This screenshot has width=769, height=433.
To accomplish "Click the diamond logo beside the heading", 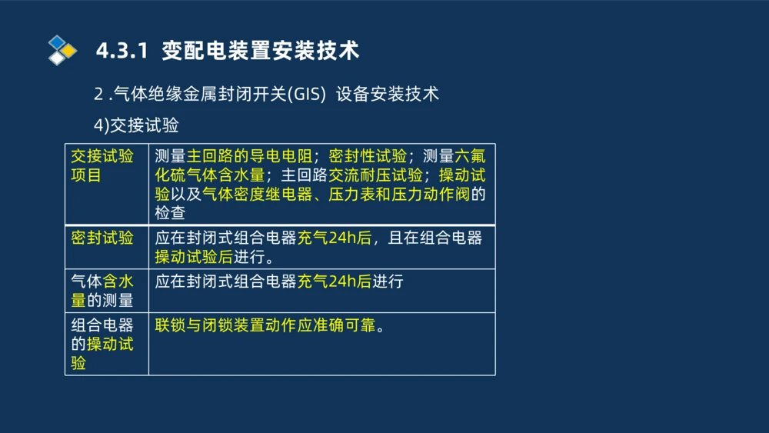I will (x=62, y=50).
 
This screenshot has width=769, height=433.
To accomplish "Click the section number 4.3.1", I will (x=121, y=51).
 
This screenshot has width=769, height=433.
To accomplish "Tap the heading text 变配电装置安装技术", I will (x=261, y=51).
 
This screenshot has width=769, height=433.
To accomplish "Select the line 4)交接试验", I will (x=136, y=125).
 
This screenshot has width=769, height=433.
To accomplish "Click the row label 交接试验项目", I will (x=102, y=165).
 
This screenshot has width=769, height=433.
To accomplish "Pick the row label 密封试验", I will (x=102, y=238).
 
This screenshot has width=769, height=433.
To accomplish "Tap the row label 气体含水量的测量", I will (x=102, y=291).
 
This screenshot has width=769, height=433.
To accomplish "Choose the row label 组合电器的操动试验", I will (x=102, y=344).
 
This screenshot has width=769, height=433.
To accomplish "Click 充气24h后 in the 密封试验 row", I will (x=334, y=238).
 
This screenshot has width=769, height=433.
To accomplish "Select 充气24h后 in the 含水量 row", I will (x=334, y=281).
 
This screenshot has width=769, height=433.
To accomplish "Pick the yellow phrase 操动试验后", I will (x=193, y=257).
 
